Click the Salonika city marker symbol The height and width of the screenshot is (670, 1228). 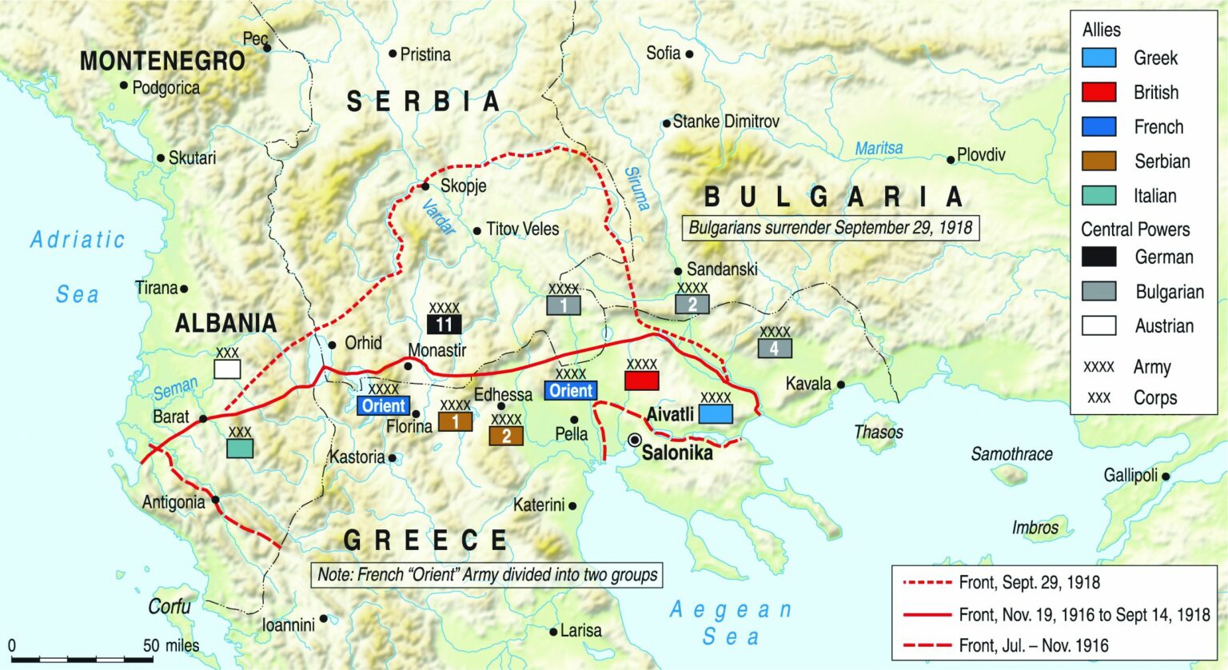click(x=635, y=440)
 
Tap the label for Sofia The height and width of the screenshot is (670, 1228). click(x=663, y=53)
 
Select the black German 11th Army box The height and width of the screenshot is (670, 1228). click(x=445, y=324)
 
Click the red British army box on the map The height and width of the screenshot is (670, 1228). click(x=641, y=381)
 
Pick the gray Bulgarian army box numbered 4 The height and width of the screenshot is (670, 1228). click(x=775, y=348)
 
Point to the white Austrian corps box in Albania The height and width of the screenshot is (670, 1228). click(x=227, y=369)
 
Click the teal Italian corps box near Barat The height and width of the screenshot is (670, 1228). click(x=240, y=448)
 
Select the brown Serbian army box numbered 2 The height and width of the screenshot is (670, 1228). click(x=506, y=436)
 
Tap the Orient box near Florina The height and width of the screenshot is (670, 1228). click(x=384, y=405)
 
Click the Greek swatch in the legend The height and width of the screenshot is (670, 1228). click(x=1098, y=58)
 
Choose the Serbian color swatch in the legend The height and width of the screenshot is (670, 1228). click(x=1098, y=161)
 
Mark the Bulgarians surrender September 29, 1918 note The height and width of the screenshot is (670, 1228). click(x=830, y=228)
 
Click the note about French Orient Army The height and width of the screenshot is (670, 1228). click(x=487, y=575)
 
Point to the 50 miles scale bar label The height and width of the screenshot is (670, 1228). click(x=171, y=645)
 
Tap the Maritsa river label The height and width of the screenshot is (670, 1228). click(x=879, y=149)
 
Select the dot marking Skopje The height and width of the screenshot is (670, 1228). click(x=425, y=187)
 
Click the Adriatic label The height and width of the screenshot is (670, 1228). click(x=78, y=239)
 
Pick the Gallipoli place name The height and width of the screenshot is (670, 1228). click(x=1130, y=476)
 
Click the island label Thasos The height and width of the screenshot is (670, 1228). click(x=878, y=433)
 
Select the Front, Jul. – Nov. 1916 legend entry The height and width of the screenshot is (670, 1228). click(x=1033, y=645)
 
